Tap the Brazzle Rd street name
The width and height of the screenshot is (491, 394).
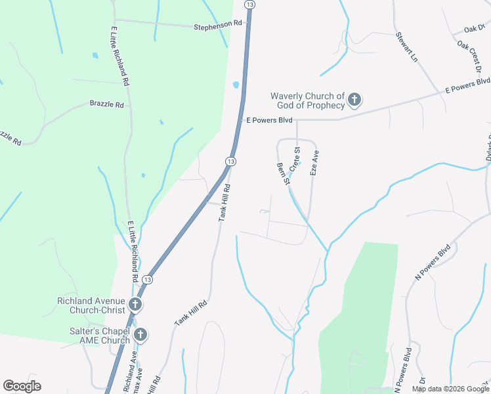[107, 104]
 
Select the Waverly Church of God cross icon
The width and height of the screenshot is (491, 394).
[354, 100]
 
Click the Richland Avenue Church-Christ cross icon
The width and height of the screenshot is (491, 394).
[135, 304]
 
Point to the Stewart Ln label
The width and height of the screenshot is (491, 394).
[406, 47]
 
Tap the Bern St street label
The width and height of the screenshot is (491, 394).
[283, 173]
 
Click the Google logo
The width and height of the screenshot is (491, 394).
[22, 385]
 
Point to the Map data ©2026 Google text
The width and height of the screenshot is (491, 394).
[451, 389]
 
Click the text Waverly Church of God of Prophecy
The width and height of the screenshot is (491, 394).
[307, 100]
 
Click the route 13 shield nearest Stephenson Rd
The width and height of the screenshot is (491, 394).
[249, 4]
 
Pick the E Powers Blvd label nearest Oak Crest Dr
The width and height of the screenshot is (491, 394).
[467, 84]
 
